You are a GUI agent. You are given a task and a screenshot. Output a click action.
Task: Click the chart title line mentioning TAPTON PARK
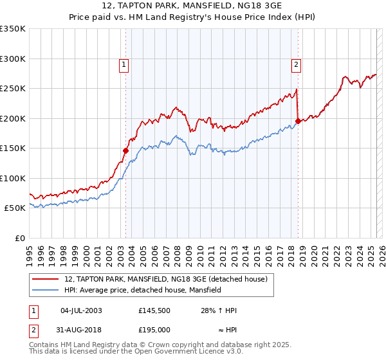coord(192,5)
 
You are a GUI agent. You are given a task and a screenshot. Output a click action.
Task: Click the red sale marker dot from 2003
coord(126,151)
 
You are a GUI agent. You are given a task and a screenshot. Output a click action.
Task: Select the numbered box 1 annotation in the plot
coord(122,64)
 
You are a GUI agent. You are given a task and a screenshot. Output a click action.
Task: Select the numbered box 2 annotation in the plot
coord(295,64)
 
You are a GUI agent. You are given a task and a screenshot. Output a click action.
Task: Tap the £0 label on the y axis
coord(20,238)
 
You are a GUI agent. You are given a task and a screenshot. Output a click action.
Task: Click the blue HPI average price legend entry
coord(142,290)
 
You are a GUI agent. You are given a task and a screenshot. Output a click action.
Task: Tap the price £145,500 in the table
coord(153,310)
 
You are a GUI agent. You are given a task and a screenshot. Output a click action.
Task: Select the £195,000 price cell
coord(153,330)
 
